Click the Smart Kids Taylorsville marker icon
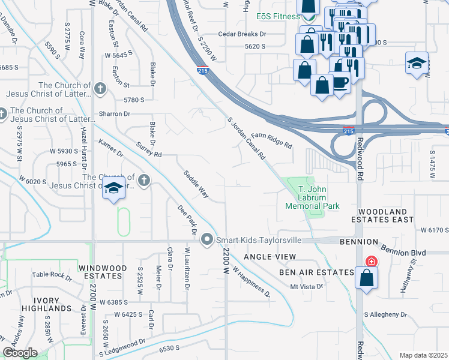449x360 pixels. [x=207, y=240]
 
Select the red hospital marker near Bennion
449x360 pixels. [x=372, y=262]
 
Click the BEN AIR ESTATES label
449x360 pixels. [x=316, y=272]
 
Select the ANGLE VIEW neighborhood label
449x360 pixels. [x=270, y=257]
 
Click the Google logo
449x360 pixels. [x=20, y=353]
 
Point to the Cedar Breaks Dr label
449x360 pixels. [x=242, y=34]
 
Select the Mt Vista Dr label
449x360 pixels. [x=307, y=287]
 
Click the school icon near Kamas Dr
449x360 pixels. [x=113, y=188]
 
